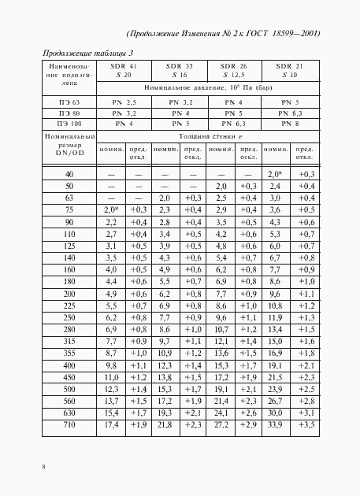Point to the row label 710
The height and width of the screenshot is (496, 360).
pos(69,426)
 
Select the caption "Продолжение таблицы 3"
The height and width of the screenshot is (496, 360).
pos(83,53)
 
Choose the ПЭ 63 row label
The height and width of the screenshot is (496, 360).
pos(69,103)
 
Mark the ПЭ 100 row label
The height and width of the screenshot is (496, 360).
pos(69,124)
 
